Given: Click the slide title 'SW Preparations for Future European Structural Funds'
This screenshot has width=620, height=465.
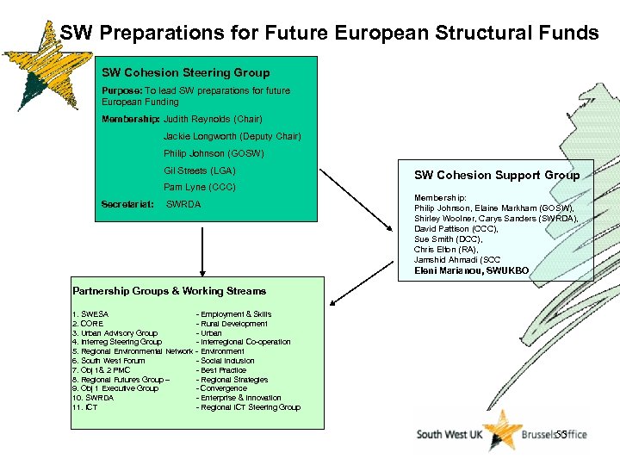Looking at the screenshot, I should pyautogui.click(x=329, y=33).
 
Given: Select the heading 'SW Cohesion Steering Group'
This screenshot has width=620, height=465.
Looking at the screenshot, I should pyautogui.click(x=185, y=73).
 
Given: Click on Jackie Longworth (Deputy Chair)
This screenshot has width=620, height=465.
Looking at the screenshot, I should pyautogui.click(x=232, y=136).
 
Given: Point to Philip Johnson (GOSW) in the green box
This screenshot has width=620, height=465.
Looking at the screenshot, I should pyautogui.click(x=214, y=153).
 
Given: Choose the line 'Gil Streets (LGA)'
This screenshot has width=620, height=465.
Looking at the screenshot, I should pyautogui.click(x=199, y=170).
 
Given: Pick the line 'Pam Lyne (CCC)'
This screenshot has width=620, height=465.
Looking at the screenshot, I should pyautogui.click(x=199, y=187).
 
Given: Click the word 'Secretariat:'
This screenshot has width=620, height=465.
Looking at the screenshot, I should pyautogui.click(x=127, y=204).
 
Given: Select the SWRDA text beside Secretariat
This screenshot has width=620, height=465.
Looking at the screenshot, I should pyautogui.click(x=183, y=204).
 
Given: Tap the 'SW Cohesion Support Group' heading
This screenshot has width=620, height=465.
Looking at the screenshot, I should pyautogui.click(x=497, y=175).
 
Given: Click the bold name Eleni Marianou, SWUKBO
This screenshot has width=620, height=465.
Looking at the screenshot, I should pyautogui.click(x=471, y=270).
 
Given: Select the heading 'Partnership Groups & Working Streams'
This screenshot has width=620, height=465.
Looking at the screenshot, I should pyautogui.click(x=170, y=291).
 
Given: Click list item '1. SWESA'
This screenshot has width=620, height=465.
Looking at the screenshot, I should pyautogui.click(x=90, y=314).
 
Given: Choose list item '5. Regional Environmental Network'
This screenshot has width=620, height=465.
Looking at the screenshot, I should pyautogui.click(x=133, y=351).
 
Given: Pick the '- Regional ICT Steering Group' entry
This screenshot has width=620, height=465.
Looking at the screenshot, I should pyautogui.click(x=248, y=407).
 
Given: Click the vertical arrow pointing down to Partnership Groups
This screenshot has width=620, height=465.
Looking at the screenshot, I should pyautogui.click(x=202, y=250).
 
